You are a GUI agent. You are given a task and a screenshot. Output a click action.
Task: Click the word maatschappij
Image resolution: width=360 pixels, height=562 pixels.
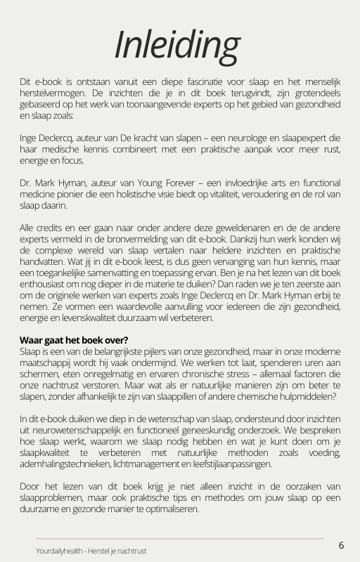coord(50,362)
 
